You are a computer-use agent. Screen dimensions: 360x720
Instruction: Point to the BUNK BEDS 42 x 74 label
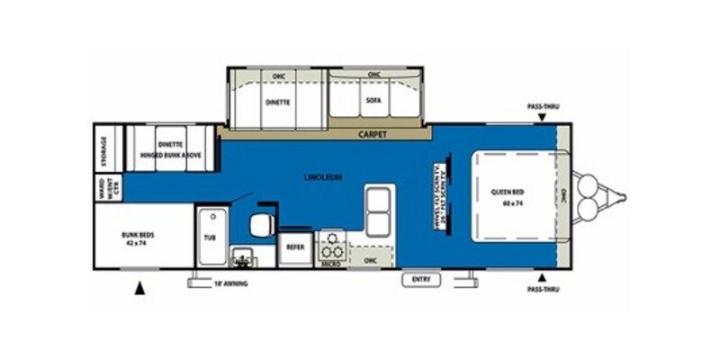pos(139,239)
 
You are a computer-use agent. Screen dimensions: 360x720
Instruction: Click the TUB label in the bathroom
pos(210,238)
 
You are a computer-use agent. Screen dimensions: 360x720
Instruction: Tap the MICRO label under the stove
pos(330,264)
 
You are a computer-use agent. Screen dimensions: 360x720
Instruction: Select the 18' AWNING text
pos(229,283)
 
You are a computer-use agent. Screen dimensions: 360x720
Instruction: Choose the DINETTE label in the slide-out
pos(277,102)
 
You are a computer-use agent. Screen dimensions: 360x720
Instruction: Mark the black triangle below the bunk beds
pos(139,288)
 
